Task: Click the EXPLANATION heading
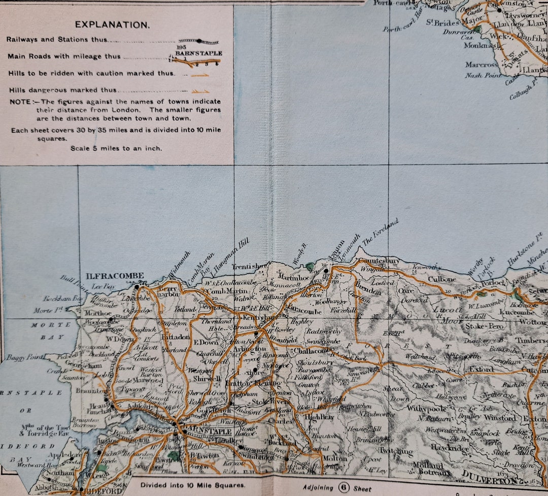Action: click(112, 24)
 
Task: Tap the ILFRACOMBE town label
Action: click(115, 276)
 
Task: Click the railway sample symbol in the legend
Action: click(198, 41)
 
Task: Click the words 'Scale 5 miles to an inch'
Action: click(116, 148)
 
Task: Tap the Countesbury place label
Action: click(380, 261)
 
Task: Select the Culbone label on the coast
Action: click(443, 279)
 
